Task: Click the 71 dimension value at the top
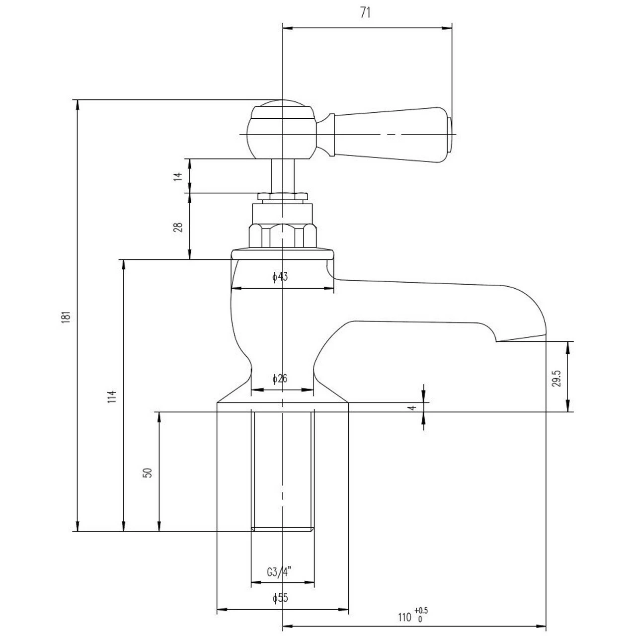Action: (365, 13)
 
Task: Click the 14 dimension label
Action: (177, 176)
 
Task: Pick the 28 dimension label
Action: (177, 227)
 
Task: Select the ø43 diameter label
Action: (280, 277)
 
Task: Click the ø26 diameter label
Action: (280, 379)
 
